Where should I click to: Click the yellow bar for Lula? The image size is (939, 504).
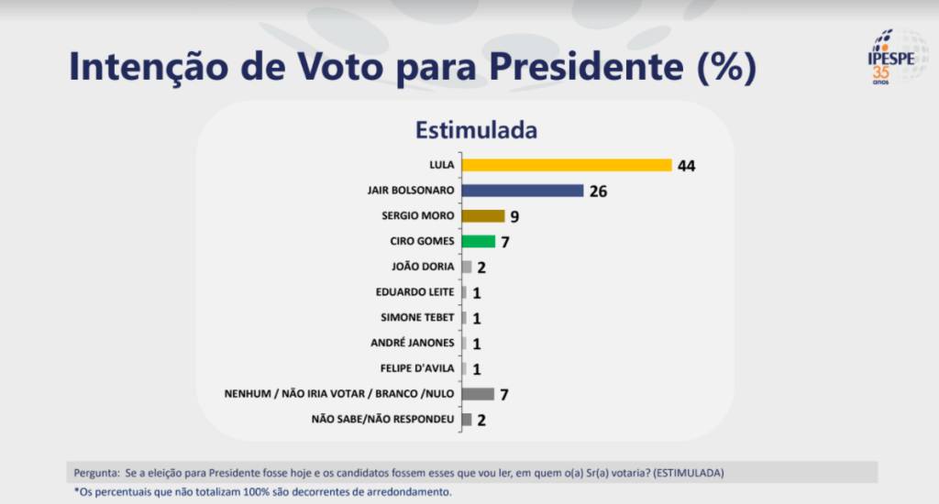point(567,165)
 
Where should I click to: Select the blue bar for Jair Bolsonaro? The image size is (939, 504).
point(523,191)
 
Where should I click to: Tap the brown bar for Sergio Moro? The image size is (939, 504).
point(483,216)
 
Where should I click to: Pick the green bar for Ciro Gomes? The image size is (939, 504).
point(479,241)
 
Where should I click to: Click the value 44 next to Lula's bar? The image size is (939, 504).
point(688,166)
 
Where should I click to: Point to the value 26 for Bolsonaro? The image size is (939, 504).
point(599,192)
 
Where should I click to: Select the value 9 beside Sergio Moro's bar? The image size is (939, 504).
point(514,217)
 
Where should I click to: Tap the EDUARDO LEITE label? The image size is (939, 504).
point(415,292)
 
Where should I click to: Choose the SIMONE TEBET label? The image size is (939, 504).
point(417,317)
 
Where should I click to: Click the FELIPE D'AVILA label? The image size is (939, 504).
point(417,368)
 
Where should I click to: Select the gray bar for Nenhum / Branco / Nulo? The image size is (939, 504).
point(478,394)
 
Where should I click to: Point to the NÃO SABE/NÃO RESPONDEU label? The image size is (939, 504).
point(383,420)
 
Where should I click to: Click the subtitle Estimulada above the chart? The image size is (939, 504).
point(476,130)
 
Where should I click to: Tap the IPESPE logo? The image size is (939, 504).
point(884,57)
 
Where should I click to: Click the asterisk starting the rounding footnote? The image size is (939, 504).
point(76,490)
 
